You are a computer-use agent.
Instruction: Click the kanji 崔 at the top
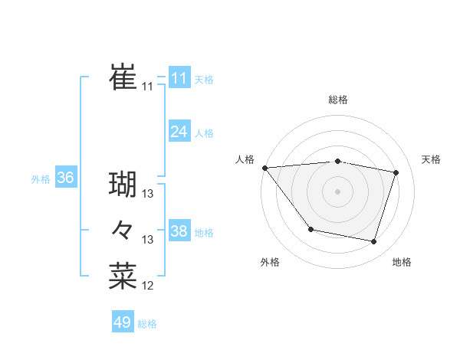pyautogui.click(x=123, y=77)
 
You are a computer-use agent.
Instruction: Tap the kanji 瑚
pyautogui.click(x=123, y=185)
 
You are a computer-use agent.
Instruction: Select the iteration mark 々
pyautogui.click(x=123, y=230)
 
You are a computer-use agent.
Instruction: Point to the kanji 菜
pyautogui.click(x=123, y=276)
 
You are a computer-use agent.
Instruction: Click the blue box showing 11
pyautogui.click(x=179, y=78)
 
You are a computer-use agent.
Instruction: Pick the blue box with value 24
pyautogui.click(x=179, y=132)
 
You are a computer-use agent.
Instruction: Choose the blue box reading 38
pyautogui.click(x=179, y=231)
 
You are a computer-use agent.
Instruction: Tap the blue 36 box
pyautogui.click(x=65, y=178)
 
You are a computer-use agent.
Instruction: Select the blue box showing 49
pyautogui.click(x=122, y=322)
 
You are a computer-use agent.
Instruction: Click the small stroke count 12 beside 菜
pyautogui.click(x=148, y=286)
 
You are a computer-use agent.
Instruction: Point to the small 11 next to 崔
pyautogui.click(x=147, y=87)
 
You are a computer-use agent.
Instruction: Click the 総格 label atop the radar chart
pyautogui.click(x=337, y=100)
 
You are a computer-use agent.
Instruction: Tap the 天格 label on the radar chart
pyautogui.click(x=432, y=159)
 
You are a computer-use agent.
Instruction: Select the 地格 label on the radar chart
pyautogui.click(x=402, y=262)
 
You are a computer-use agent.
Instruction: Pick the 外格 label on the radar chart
pyautogui.click(x=270, y=262)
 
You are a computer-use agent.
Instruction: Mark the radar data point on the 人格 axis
pyautogui.click(x=264, y=168)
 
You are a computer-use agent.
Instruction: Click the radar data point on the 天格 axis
pyautogui.click(x=396, y=172)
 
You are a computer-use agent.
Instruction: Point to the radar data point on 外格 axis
pyautogui.click(x=310, y=229)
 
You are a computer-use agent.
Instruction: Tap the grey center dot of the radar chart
pyautogui.click(x=337, y=191)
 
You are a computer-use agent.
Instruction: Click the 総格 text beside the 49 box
pyautogui.click(x=147, y=324)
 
